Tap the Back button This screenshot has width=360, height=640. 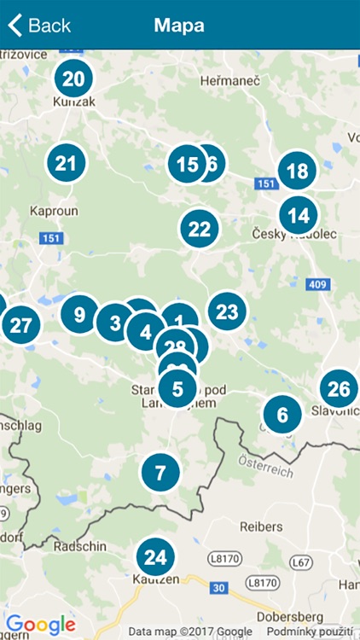39,26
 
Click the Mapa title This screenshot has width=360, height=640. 179,26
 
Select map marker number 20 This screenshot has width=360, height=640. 74,79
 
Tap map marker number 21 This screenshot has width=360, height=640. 67,163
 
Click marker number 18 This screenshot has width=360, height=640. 297,172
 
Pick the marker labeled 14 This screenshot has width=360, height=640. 298,215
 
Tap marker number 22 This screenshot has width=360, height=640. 199,229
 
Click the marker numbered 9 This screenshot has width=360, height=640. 79,314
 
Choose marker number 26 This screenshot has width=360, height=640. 339,390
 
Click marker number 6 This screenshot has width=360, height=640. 282,416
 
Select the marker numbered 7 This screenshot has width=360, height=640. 160,471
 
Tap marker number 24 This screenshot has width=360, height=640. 154,558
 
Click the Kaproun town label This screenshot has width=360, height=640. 53,210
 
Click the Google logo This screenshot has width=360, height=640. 40,625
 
